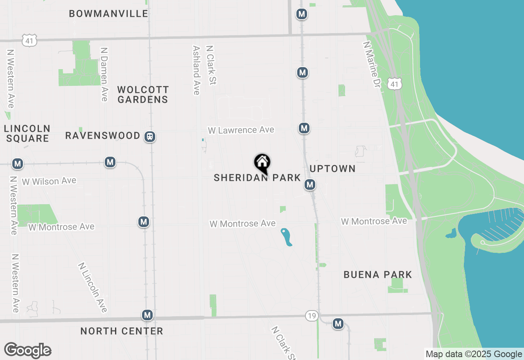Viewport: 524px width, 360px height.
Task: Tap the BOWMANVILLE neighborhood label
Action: click(x=108, y=13)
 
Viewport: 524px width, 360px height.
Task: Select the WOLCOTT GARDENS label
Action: click(x=143, y=94)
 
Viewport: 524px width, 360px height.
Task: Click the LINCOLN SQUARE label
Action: click(x=27, y=133)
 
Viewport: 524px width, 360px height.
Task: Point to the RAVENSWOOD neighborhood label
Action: click(x=103, y=135)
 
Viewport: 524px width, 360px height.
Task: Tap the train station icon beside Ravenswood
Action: click(x=150, y=136)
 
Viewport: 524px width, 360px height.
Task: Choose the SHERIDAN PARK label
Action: click(x=257, y=178)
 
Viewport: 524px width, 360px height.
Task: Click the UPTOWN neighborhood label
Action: click(x=332, y=169)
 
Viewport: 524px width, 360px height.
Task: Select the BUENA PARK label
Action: click(x=378, y=274)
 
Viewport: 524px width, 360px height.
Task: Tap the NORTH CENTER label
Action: click(x=122, y=331)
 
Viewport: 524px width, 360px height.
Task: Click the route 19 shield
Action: click(x=312, y=316)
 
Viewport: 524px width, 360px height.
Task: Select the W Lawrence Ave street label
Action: click(x=241, y=130)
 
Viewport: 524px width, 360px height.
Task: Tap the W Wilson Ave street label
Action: click(x=49, y=181)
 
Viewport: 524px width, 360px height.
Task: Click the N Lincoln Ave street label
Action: click(x=93, y=287)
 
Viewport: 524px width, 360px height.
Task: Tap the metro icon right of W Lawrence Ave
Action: click(x=304, y=128)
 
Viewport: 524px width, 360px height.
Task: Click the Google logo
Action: click(x=28, y=350)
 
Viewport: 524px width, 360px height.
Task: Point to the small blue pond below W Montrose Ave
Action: click(x=287, y=237)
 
